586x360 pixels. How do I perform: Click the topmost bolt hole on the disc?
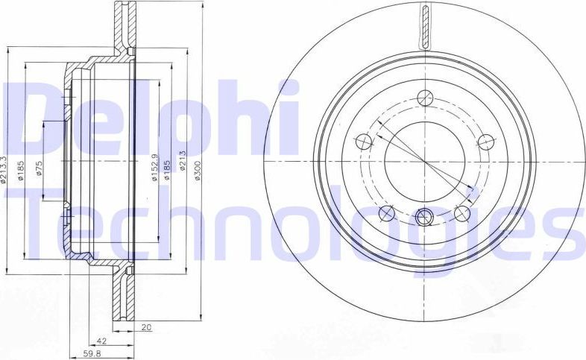click(425, 97)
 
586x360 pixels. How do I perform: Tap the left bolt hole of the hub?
click(365, 141)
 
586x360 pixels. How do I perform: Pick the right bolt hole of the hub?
click(486, 141)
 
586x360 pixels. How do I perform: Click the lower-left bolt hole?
click(387, 214)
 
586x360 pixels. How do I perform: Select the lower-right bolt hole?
click(463, 214)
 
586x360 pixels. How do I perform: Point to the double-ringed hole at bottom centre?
click(425, 218)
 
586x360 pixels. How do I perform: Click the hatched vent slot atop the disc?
click(425, 27)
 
